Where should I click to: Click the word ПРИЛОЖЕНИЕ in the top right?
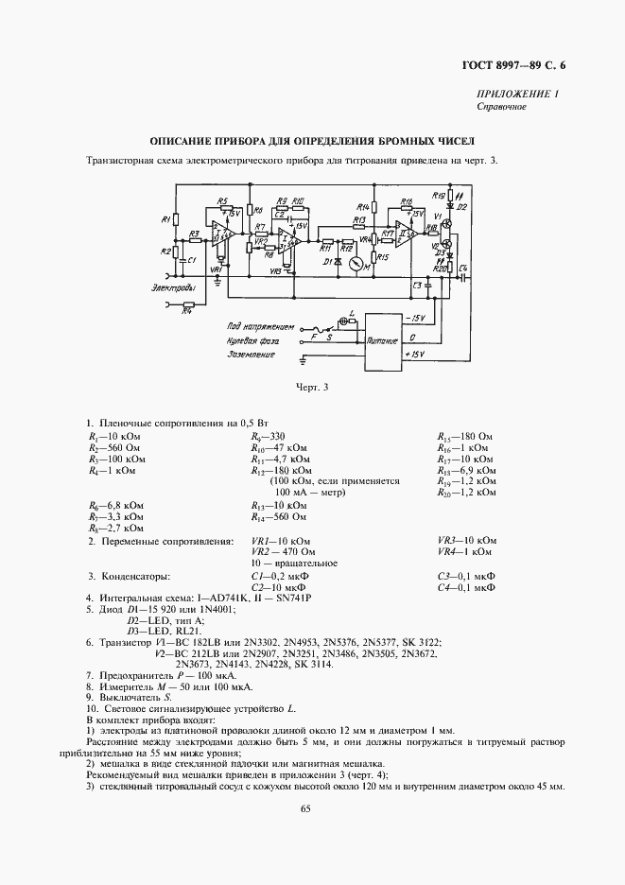[x=512, y=95]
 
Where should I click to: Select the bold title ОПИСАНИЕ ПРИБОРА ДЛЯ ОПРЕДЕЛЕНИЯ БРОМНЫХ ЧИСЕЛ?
[x=311, y=140]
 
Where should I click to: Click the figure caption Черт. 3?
[x=311, y=387]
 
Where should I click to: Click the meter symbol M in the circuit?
[x=355, y=267]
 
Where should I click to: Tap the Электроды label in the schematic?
[x=172, y=286]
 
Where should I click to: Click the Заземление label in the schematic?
[x=224, y=355]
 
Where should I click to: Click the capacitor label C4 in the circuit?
[x=462, y=269]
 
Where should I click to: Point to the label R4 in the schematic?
[x=187, y=308]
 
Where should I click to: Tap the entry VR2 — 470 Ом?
[x=283, y=552]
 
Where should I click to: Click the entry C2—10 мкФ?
[x=280, y=587]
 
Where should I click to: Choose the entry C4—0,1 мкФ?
[x=467, y=587]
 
